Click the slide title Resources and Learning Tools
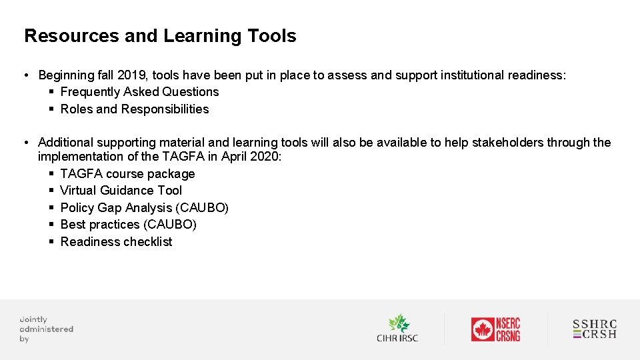[160, 36]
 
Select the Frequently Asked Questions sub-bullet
[139, 92]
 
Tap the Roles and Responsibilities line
[134, 109]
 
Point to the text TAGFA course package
[127, 174]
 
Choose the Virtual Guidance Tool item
[121, 191]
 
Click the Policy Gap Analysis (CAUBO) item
[144, 208]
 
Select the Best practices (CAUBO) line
[128, 225]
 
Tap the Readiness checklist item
[116, 242]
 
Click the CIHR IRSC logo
[397, 329]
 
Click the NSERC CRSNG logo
[495, 329]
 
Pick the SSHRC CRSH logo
[595, 329]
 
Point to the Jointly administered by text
[46, 329]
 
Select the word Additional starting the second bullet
[65, 143]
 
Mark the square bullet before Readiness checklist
[51, 242]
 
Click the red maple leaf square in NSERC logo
[482, 329]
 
